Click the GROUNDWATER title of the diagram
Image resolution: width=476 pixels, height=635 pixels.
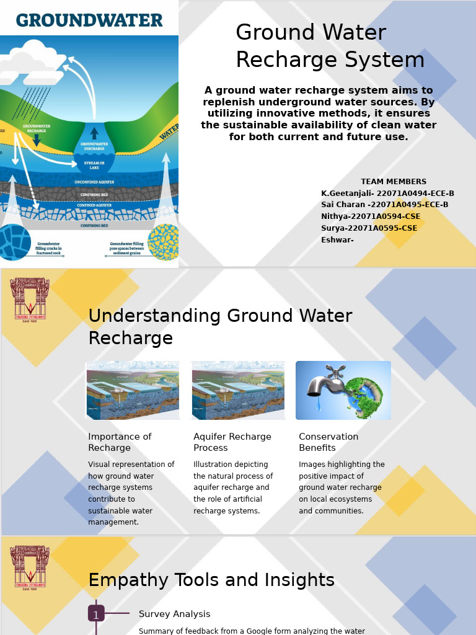pos(89,20)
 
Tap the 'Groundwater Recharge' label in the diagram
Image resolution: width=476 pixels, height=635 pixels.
pos(37,128)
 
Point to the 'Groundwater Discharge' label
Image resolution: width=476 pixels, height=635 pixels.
pos(94,146)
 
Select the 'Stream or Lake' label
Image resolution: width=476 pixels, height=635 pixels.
pos(94,165)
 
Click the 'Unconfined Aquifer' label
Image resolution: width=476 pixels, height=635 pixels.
pos(94,182)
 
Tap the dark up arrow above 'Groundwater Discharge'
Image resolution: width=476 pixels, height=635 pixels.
pos(94,133)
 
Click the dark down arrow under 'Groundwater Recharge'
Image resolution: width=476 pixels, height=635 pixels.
pos(37,140)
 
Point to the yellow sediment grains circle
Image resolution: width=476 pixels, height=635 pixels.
pos(163,241)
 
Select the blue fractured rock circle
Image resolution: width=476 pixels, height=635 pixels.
pos(14,242)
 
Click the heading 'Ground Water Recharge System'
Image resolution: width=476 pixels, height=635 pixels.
pos(330,47)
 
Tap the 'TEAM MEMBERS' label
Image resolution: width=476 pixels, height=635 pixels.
pos(394,182)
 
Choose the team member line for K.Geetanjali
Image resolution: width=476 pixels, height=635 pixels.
pos(387,193)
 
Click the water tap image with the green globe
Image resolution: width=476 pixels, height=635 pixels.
pos(343,390)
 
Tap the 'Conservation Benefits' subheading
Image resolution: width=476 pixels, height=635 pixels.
pos(328,442)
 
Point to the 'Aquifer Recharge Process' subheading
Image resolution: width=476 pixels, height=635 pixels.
pos(232,442)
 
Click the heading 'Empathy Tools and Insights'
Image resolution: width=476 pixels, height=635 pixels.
pos(211,580)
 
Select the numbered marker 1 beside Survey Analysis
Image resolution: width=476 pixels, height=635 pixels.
pos(96,614)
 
